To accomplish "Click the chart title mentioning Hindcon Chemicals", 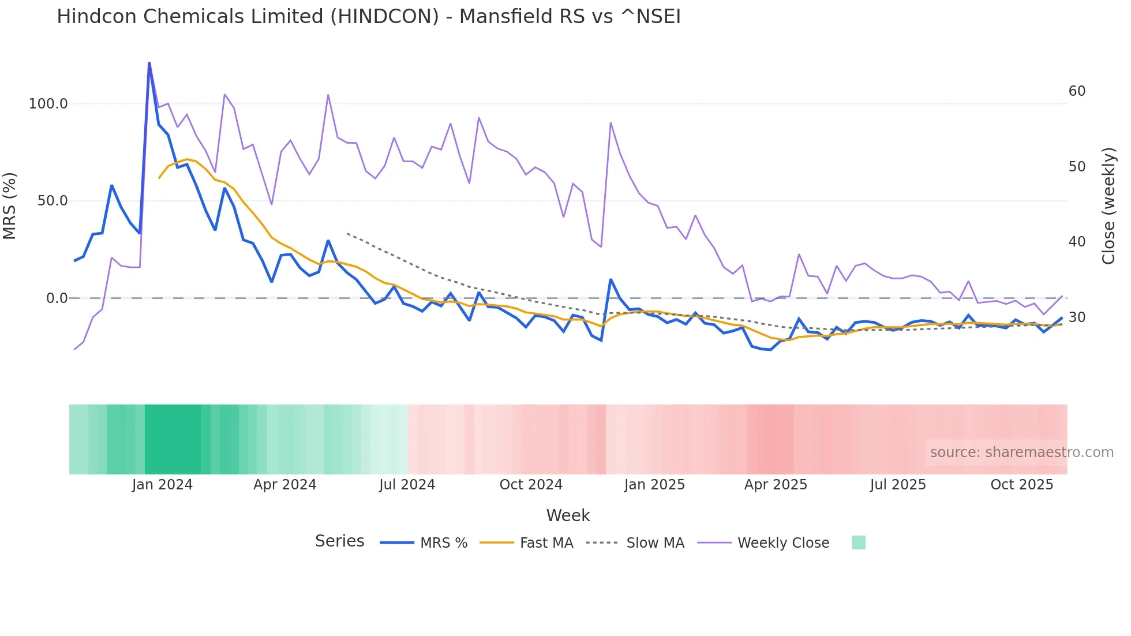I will [368, 16].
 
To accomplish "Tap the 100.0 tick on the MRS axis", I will [48, 104].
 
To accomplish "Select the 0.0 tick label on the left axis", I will [57, 298].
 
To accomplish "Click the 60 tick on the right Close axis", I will [1077, 91].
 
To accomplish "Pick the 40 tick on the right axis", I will [1077, 242].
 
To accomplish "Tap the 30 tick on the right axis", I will [1077, 317].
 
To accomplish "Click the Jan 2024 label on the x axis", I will [162, 485].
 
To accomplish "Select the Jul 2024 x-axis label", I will [407, 485].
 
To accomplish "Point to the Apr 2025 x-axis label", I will [776, 485].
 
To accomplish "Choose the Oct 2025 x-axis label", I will [1021, 485].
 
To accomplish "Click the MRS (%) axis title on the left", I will [10, 205].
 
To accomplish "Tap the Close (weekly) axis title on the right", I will [1108, 206].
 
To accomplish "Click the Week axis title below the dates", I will [568, 515].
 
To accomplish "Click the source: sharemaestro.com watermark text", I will [1021, 452].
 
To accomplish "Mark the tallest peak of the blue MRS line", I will [149, 63].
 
